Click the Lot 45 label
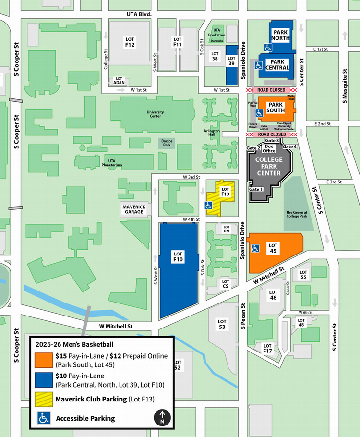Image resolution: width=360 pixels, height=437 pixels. [273, 248]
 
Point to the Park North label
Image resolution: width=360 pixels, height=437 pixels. [280, 35]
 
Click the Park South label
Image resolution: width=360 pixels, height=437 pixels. [276, 107]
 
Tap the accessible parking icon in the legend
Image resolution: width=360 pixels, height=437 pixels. [44, 418]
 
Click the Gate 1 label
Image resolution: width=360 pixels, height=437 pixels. [256, 189]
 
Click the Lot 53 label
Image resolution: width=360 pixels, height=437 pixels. [222, 324]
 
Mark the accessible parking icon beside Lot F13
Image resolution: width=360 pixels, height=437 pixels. [209, 205]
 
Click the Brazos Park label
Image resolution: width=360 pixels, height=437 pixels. [167, 143]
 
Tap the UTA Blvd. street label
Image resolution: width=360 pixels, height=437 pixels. [139, 14]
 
